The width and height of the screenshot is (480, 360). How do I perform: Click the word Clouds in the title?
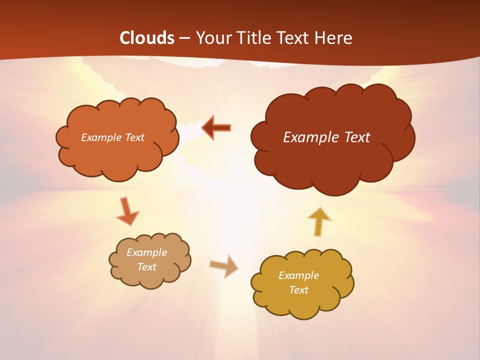tap(147, 38)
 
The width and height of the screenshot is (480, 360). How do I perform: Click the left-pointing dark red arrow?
tap(216, 127)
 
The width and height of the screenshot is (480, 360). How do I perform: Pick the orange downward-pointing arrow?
tap(127, 212)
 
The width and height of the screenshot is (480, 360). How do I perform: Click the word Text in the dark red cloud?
tap(357, 137)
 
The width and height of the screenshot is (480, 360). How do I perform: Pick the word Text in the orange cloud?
tap(134, 137)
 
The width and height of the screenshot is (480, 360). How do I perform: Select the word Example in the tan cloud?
tap(146, 252)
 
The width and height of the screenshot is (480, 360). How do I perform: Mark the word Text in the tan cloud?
tap(146, 267)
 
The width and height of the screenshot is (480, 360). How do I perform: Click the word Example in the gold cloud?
tap(298, 275)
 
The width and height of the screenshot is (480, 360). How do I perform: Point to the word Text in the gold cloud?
tap(298, 290)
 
